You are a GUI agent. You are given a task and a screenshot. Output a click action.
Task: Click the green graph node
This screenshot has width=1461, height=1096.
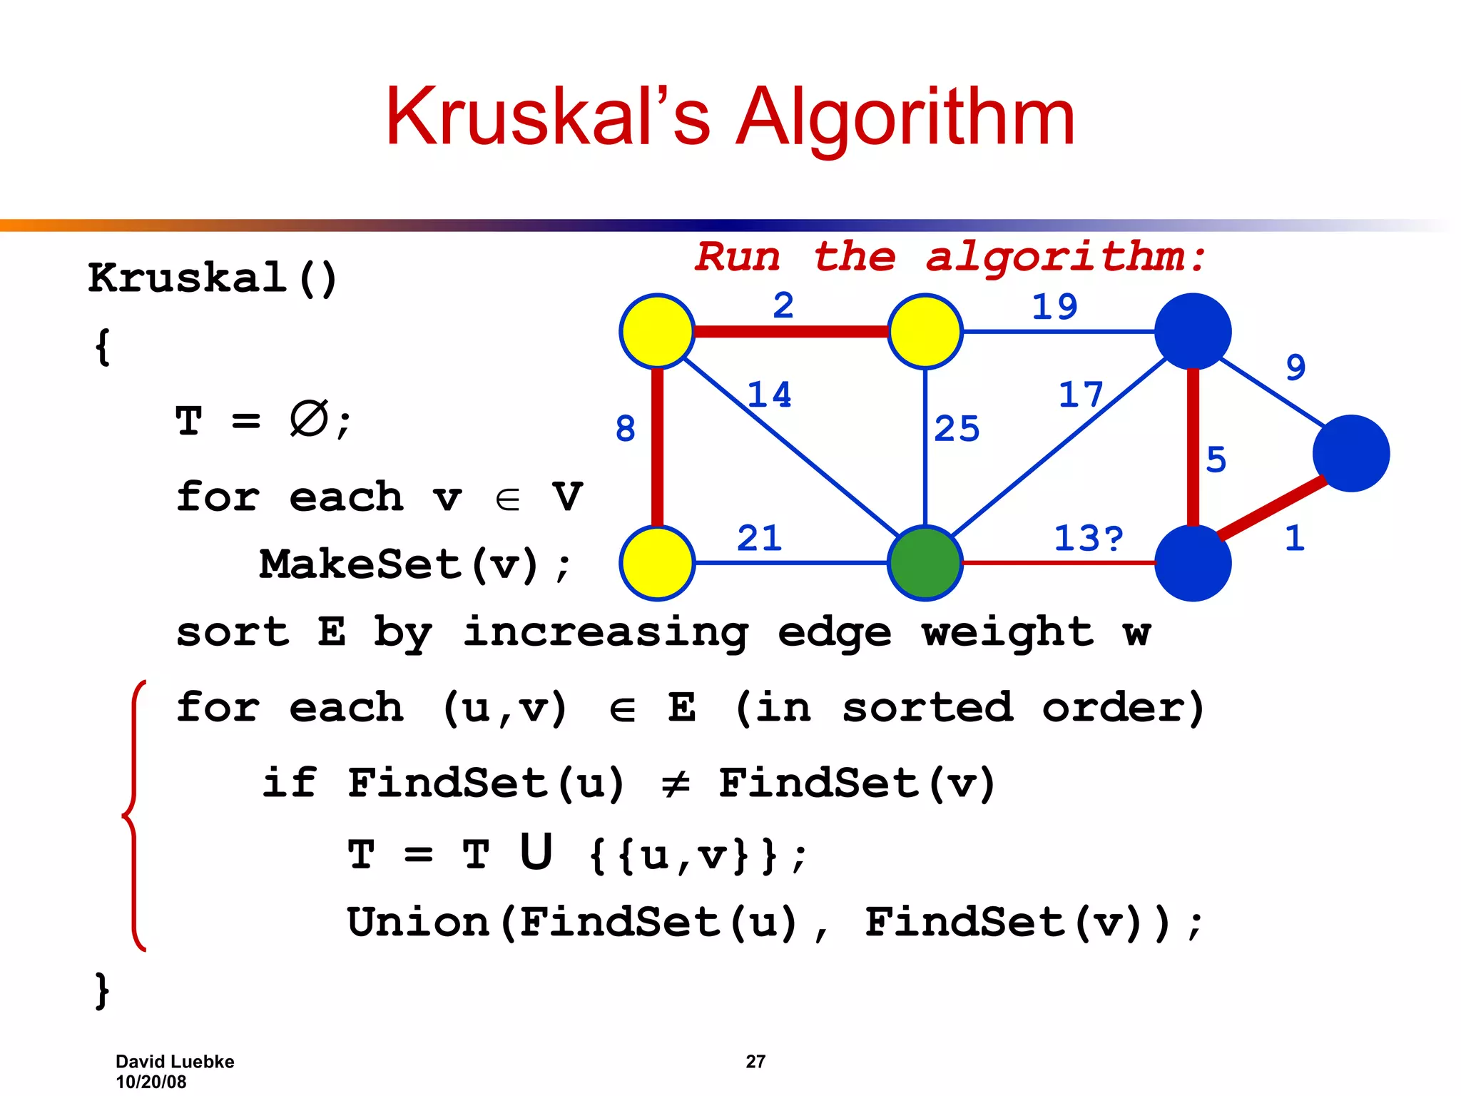(925, 563)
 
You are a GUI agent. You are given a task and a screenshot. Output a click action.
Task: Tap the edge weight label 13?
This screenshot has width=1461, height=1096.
(1088, 538)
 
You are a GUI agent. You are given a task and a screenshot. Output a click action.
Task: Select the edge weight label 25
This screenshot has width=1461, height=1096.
(957, 429)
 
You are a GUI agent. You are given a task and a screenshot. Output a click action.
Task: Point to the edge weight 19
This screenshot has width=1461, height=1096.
(1054, 307)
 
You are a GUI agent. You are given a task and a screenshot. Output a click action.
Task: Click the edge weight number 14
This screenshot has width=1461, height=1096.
(769, 395)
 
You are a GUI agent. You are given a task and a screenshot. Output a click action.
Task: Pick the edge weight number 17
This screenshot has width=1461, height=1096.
(1080, 395)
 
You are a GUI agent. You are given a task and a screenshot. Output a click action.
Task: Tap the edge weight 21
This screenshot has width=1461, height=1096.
(759, 538)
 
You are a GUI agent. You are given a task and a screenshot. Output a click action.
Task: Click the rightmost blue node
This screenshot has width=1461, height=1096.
(1350, 453)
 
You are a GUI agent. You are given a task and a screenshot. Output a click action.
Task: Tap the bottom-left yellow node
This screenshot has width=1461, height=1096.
(657, 563)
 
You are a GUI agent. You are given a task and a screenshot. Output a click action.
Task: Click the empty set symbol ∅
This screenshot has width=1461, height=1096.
(309, 419)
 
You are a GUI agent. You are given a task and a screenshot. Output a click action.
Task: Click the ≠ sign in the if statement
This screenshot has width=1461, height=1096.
(675, 784)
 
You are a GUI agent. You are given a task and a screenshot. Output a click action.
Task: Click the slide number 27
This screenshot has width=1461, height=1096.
(755, 1061)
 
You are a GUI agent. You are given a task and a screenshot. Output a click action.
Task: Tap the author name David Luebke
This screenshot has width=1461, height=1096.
(175, 1061)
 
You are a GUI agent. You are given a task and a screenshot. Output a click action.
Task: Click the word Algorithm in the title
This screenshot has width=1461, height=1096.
(905, 118)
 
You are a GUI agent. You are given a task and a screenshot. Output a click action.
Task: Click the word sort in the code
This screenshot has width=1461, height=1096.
(233, 632)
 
